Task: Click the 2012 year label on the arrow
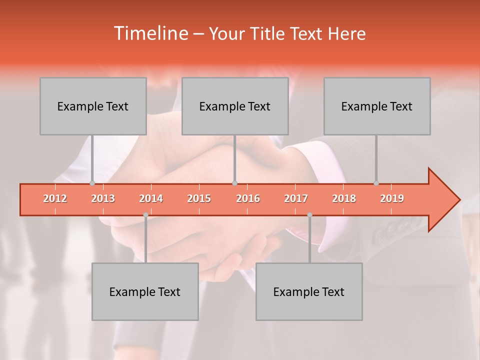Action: [x=55, y=198]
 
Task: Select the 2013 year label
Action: [x=103, y=198]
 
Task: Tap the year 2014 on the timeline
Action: [x=151, y=198]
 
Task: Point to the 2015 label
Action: [x=199, y=198]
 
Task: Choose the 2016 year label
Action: [x=248, y=198]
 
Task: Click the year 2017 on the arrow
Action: [x=296, y=198]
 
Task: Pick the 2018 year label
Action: [x=344, y=198]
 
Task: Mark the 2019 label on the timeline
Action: [x=392, y=198]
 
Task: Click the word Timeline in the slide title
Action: [x=150, y=33]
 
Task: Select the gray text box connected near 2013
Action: [x=93, y=106]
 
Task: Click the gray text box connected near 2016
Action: [x=235, y=106]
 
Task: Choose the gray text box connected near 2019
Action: [x=377, y=106]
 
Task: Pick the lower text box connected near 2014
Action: [x=145, y=291]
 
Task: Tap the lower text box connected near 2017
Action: [x=309, y=291]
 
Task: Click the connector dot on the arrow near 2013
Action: [x=92, y=183]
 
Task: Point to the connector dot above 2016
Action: [x=234, y=183]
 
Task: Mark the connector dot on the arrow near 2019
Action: [x=376, y=183]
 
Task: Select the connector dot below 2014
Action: [x=145, y=215]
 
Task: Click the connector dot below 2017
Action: [x=309, y=215]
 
